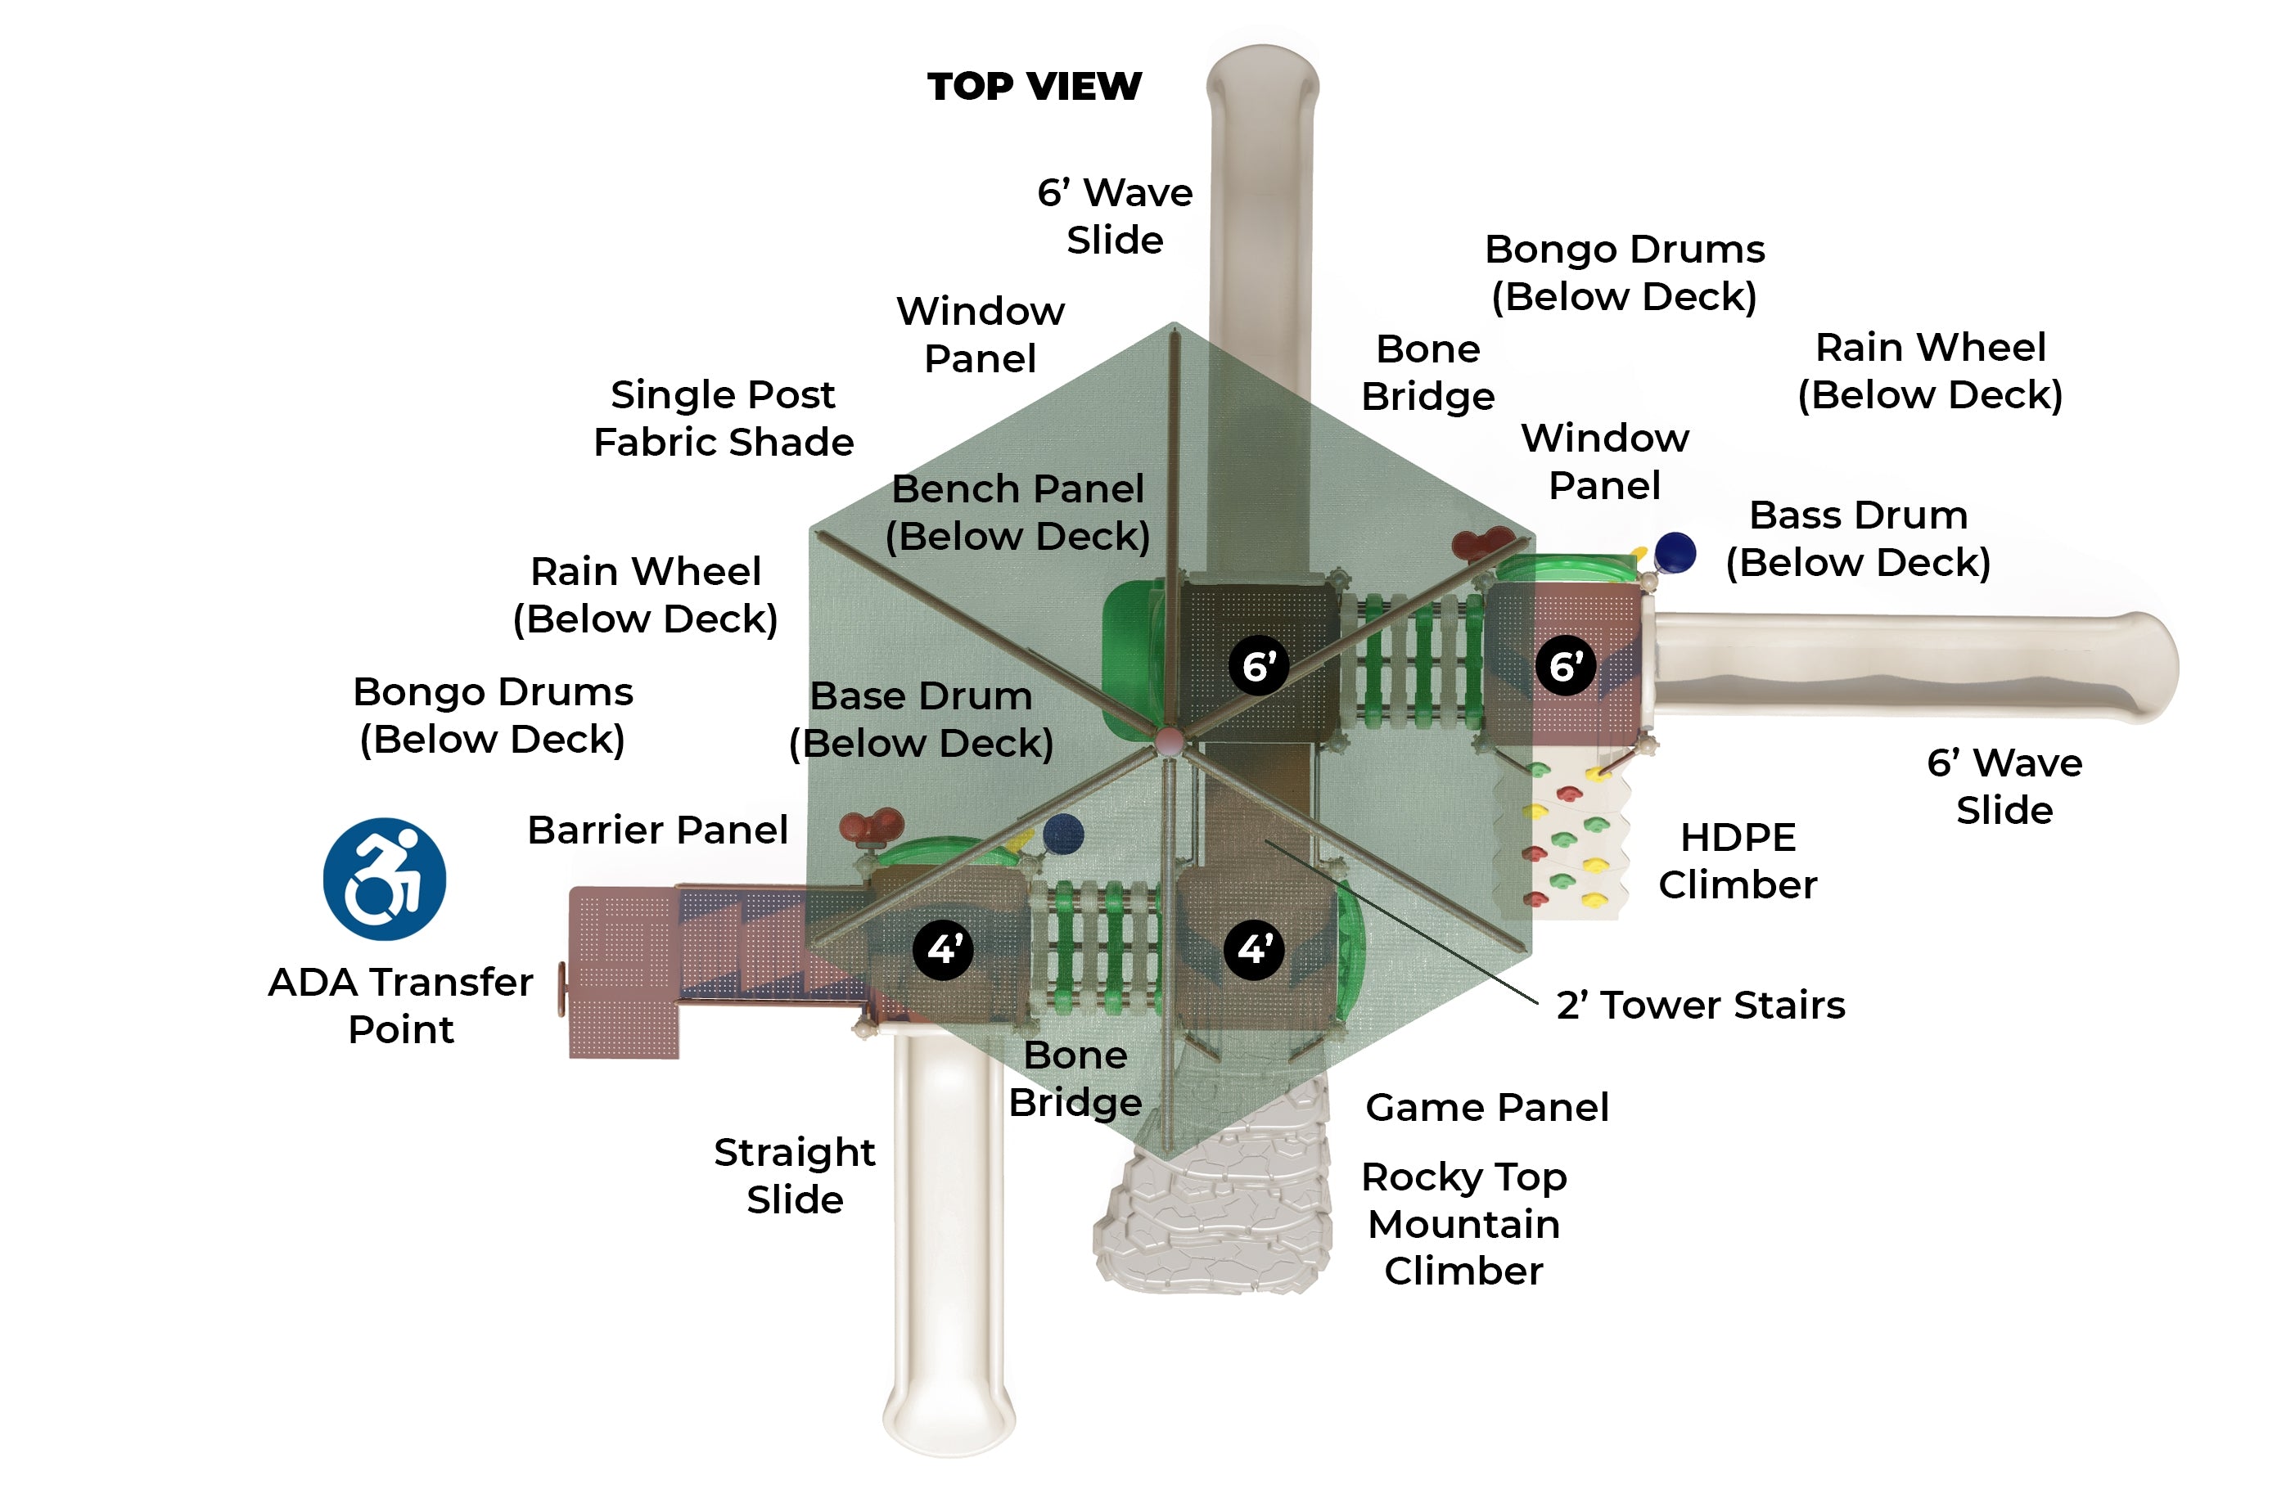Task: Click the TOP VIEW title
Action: point(1034,87)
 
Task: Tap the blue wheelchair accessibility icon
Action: point(384,880)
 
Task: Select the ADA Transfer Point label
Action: point(400,1006)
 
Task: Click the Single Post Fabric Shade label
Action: point(724,418)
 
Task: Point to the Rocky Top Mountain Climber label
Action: point(1463,1223)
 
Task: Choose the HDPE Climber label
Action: point(1738,861)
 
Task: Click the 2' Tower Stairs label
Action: point(1700,1006)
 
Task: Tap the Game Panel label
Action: point(1487,1107)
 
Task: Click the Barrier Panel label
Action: point(657,830)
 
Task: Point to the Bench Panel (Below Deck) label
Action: point(1017,512)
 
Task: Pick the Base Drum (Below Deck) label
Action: point(921,719)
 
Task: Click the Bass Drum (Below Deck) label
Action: point(1858,538)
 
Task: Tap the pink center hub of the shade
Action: point(1169,741)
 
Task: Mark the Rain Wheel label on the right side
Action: point(1929,370)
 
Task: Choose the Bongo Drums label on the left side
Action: point(493,715)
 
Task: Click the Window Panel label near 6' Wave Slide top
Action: point(980,335)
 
